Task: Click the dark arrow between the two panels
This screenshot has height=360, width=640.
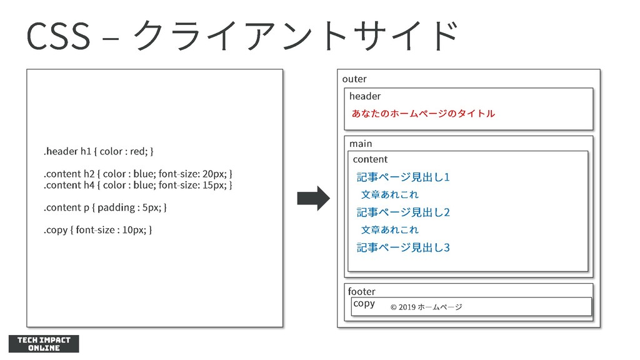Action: [313, 198]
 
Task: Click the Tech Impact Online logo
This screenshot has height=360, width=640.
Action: [44, 344]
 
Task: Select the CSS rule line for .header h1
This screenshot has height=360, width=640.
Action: [98, 151]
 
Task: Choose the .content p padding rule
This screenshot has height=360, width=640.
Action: [105, 207]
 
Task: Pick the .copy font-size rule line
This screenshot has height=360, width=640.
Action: [97, 229]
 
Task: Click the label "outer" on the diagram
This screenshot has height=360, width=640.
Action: [354, 79]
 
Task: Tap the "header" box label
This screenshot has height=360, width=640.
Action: [364, 96]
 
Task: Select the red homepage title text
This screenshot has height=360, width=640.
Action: [423, 113]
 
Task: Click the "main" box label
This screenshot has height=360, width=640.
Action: [361, 144]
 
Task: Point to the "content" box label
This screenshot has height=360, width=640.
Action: [370, 159]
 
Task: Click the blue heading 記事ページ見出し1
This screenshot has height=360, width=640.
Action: [403, 177]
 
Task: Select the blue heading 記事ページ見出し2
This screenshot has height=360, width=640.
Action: [403, 212]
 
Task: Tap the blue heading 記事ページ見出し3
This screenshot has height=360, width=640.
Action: [403, 247]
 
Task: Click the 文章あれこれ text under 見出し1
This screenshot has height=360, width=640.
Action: [390, 194]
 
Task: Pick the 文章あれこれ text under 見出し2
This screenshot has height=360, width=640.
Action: [390, 229]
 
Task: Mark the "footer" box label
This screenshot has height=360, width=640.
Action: [361, 291]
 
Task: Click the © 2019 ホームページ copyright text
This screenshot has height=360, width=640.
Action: [426, 307]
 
